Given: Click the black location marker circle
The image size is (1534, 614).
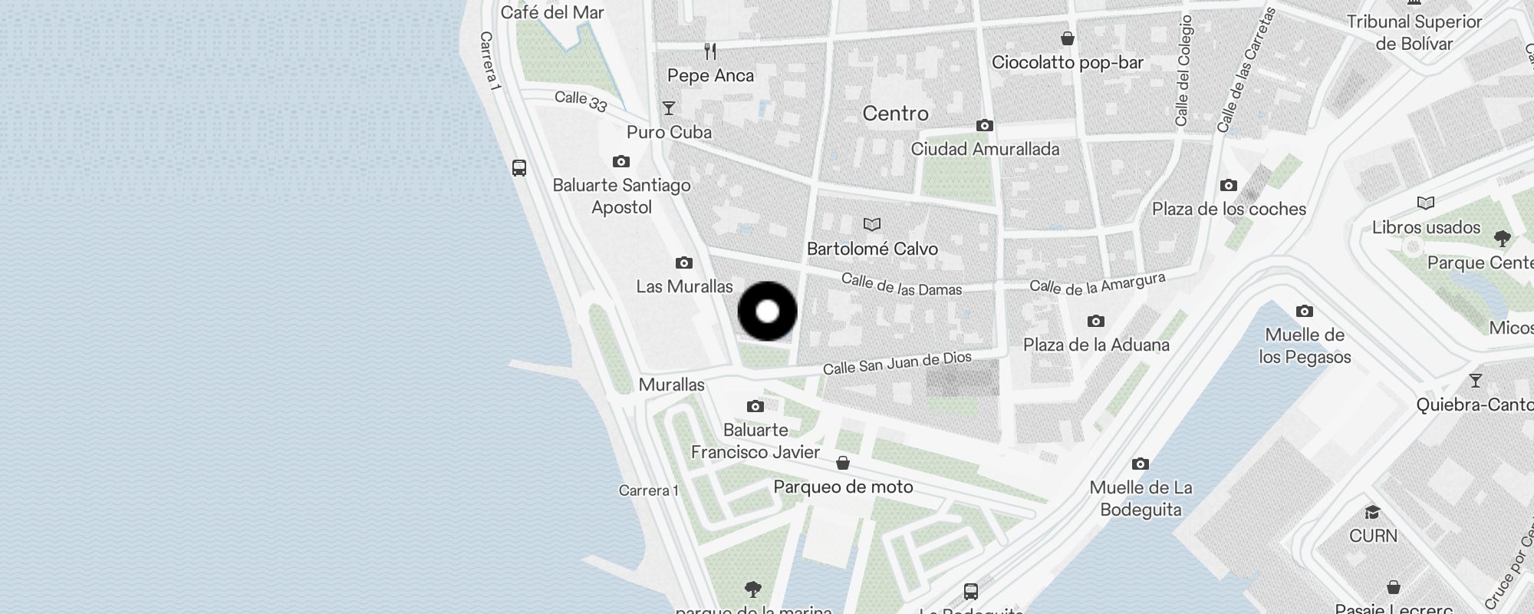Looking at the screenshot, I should click(x=767, y=312).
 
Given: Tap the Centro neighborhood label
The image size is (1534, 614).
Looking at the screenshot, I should click(x=895, y=114).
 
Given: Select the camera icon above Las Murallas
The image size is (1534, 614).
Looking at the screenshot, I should click(x=683, y=263).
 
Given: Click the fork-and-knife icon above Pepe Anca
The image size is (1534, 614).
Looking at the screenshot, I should click(x=710, y=51).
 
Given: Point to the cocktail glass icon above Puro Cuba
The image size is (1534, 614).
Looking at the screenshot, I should click(x=669, y=108).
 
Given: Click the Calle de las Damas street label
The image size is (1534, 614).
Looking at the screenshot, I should click(x=901, y=285).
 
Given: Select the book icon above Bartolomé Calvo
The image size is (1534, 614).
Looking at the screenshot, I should click(x=872, y=224).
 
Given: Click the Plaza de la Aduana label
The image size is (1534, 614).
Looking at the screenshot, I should click(x=1096, y=345).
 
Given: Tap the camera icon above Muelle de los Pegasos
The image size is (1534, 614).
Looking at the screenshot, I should click(x=1304, y=311).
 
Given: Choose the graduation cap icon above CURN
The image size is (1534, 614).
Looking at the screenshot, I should click(x=1372, y=512).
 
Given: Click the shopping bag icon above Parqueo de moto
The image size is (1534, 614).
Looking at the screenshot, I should click(x=843, y=463).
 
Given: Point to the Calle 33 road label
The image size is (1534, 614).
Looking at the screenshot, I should click(x=581, y=101).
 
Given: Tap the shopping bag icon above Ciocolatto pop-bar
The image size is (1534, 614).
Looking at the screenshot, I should click(x=1067, y=38).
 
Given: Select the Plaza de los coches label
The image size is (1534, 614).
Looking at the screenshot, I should click(x=1229, y=209).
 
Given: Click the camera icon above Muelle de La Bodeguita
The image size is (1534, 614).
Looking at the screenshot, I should click(x=1141, y=464).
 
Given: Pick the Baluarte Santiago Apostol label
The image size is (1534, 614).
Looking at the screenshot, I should click(x=621, y=196).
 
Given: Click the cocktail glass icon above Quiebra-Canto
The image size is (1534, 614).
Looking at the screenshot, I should click(x=1475, y=381).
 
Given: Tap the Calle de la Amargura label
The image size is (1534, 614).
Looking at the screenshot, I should click(x=1097, y=284).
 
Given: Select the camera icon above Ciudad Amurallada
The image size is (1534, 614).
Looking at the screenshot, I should click(x=985, y=125).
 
